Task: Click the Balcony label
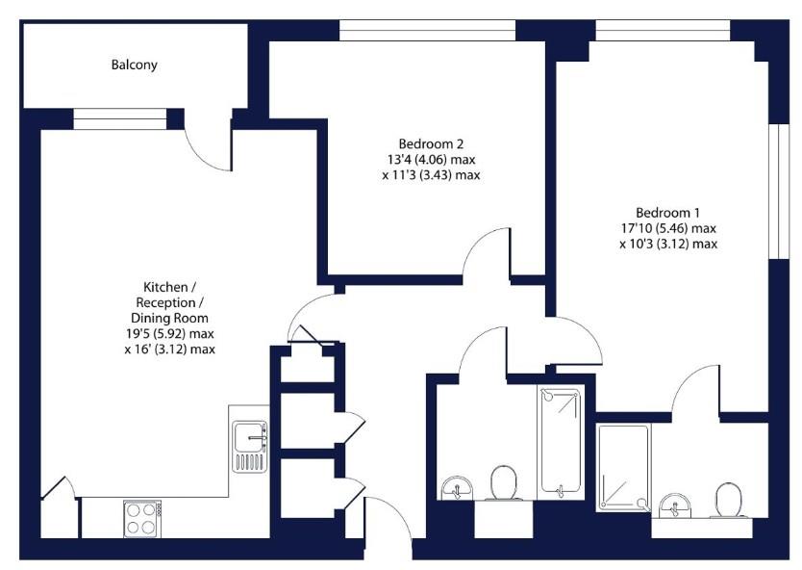[134, 65]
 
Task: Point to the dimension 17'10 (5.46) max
[668, 228]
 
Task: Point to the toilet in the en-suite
[729, 500]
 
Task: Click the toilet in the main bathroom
[504, 483]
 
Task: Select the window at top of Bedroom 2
[428, 31]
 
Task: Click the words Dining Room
[169, 317]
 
